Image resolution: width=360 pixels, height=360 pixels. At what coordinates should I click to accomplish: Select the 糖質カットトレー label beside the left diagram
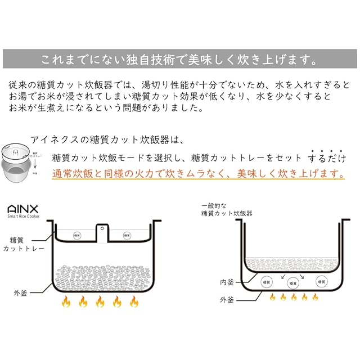[x=25, y=244]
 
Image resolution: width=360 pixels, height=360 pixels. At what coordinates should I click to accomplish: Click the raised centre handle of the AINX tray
[x=102, y=228]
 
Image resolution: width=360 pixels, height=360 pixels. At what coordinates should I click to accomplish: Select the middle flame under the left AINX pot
[x=100, y=302]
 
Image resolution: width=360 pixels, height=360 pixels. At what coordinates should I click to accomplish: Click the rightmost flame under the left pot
[x=134, y=302]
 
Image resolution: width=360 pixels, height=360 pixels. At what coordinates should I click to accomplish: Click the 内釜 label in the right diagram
[x=227, y=281]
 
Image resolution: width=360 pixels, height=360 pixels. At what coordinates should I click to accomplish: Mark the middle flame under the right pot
[x=293, y=296]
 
